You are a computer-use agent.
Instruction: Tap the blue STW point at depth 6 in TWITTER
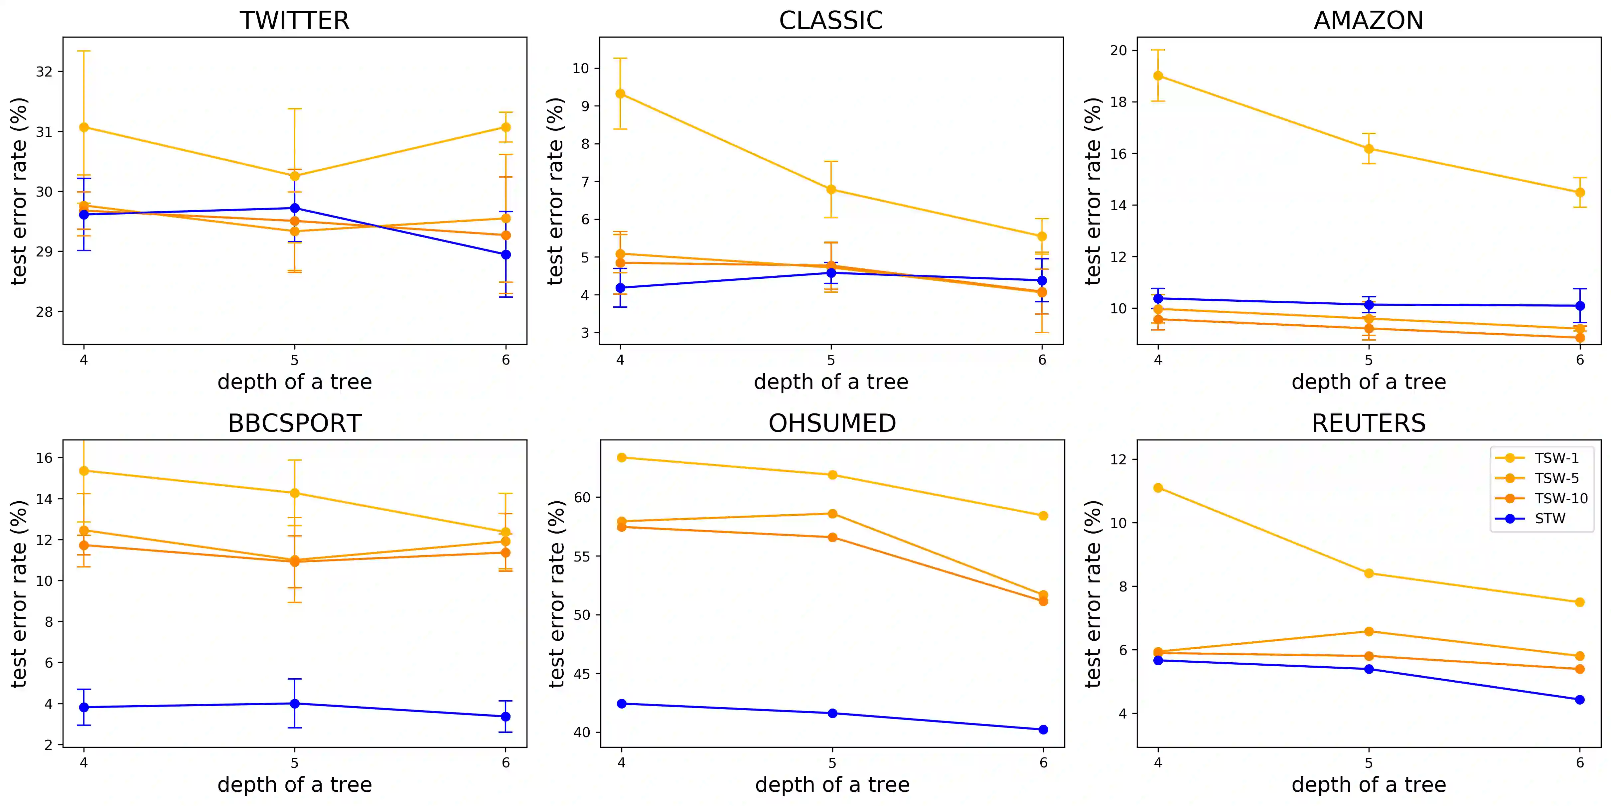506,254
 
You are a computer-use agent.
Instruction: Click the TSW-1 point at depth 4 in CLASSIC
620,94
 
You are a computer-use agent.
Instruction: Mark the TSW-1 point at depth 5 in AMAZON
1369,149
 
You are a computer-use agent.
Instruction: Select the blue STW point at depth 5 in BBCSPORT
295,704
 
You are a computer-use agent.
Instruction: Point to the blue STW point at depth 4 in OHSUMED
622,704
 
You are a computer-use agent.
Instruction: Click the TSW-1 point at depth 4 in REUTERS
1158,488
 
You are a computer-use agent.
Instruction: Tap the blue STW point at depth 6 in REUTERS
1580,700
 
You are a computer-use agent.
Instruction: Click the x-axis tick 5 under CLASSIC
831,360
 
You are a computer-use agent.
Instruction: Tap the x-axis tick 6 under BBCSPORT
506,763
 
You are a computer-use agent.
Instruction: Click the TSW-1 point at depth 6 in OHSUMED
1043,516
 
